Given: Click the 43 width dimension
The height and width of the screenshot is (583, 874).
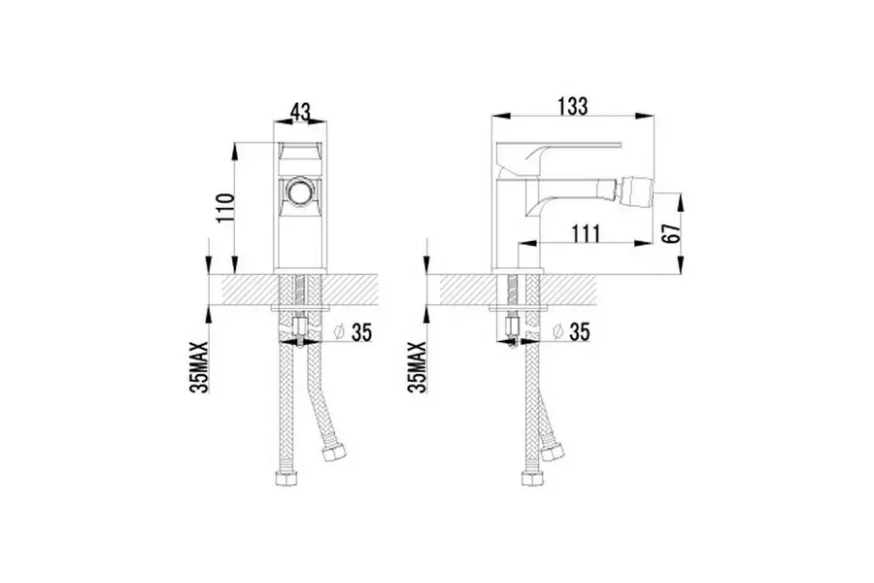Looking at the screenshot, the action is pos(300,112).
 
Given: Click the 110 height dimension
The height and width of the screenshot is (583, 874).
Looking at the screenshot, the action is pos(225,208).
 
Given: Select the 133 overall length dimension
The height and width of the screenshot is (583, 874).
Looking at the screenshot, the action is pos(573,106).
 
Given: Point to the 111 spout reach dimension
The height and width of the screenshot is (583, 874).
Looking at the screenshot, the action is pos(585,234).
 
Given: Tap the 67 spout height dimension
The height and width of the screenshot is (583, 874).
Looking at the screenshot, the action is pos(673,232).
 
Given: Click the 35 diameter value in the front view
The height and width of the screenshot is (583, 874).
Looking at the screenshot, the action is pos(361,332).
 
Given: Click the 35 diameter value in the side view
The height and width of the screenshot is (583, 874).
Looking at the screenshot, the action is pos(579,332).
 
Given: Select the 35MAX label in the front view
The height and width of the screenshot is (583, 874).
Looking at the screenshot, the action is pos(199,367).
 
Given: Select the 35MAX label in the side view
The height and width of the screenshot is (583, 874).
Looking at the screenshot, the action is pos(417,367).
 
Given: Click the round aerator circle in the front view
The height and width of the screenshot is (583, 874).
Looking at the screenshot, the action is pos(300,193).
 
